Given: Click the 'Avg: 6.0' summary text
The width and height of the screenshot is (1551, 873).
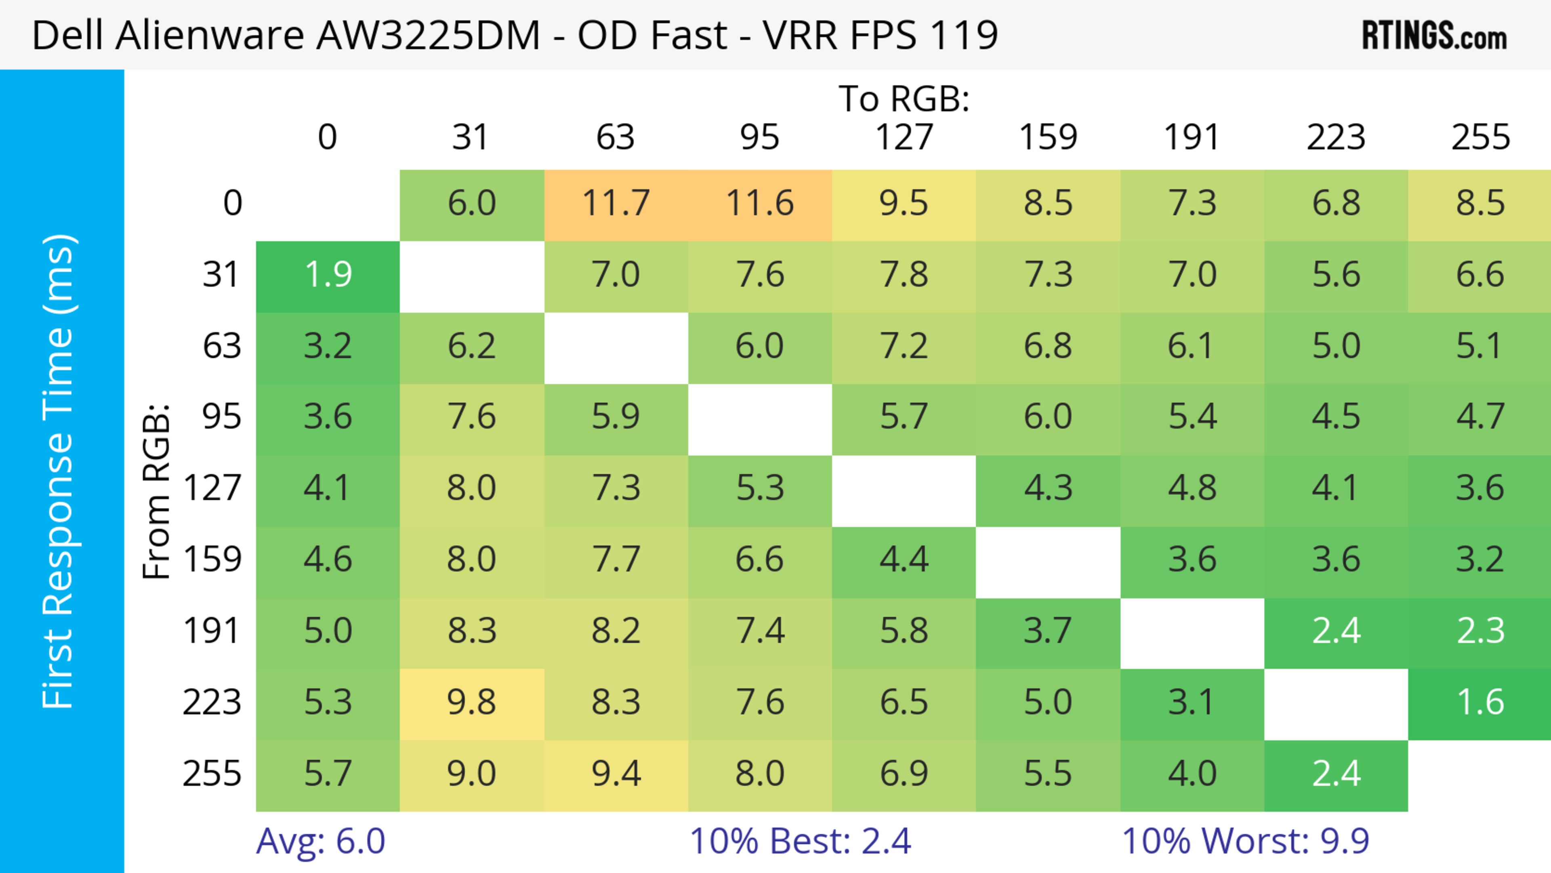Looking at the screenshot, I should [x=320, y=841].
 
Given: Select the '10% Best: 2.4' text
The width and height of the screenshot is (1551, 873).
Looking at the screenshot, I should [x=800, y=841].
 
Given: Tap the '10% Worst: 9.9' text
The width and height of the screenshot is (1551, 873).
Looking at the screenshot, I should [x=1245, y=841].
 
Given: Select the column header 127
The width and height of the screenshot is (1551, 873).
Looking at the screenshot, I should [x=904, y=137].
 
